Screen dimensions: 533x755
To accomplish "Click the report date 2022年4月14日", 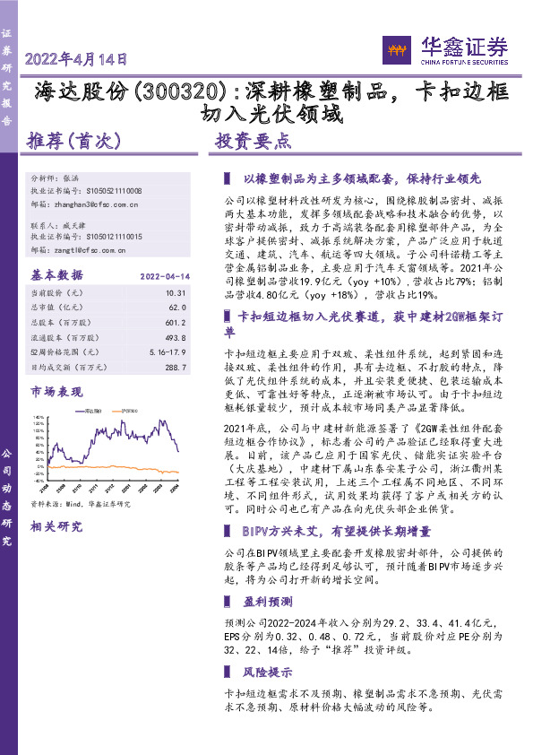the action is [x=77, y=59].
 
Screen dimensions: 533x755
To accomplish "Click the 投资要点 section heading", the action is [x=254, y=141].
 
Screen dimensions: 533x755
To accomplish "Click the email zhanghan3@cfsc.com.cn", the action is [x=96, y=204].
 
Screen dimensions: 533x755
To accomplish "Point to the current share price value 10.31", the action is [x=175, y=292].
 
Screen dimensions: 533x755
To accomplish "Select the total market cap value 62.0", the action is [x=176, y=306].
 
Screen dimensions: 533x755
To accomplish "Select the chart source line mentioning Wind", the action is [x=81, y=504].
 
